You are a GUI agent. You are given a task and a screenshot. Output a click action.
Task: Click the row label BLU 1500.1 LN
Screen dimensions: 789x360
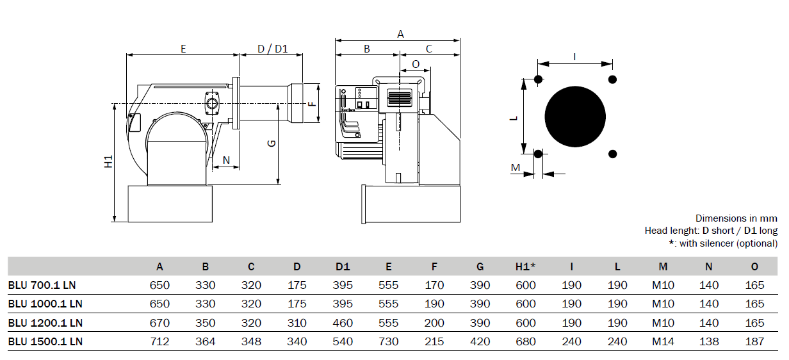[45, 341]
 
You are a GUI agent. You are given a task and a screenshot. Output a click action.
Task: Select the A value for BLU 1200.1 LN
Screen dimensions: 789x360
[159, 323]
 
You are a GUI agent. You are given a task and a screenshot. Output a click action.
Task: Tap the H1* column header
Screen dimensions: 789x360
[525, 266]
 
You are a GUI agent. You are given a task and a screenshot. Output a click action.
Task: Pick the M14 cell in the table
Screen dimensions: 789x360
[663, 341]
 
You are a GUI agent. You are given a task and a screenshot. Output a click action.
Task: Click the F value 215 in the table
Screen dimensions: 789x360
[434, 341]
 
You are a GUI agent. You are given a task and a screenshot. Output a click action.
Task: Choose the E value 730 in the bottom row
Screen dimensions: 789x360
[389, 341]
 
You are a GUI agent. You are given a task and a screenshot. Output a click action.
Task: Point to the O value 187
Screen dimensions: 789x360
[754, 341]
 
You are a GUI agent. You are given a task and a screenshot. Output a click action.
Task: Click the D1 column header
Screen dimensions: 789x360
[343, 266]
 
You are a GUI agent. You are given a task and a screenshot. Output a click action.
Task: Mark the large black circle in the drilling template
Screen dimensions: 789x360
[575, 117]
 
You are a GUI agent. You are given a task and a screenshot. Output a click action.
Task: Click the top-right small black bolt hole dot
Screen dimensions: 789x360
[612, 79]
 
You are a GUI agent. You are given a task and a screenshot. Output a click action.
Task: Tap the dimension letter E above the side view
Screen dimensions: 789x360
[183, 49]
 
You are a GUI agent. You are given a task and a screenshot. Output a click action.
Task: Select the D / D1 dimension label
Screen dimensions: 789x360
[273, 49]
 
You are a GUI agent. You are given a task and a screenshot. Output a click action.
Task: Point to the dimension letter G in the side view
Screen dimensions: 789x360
[272, 143]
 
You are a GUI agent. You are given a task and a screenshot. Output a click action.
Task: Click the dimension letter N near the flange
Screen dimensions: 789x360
[226, 160]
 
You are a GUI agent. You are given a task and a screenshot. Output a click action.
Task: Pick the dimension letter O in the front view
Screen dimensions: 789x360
[416, 64]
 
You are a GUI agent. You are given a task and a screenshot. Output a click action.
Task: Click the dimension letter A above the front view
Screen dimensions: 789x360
[400, 34]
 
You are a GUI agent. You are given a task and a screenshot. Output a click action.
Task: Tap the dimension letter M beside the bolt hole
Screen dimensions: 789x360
[516, 168]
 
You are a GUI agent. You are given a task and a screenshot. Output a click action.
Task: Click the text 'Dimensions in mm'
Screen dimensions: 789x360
[736, 218]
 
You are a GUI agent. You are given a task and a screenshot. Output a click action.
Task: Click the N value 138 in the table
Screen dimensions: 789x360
[709, 341]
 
